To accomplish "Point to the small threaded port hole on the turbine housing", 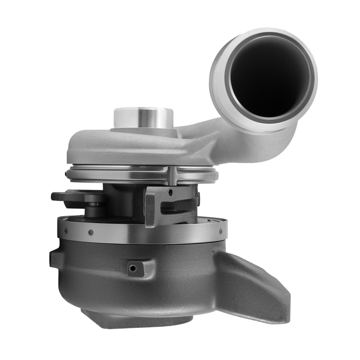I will pos(134,268).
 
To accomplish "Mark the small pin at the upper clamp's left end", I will pos(67,175).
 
